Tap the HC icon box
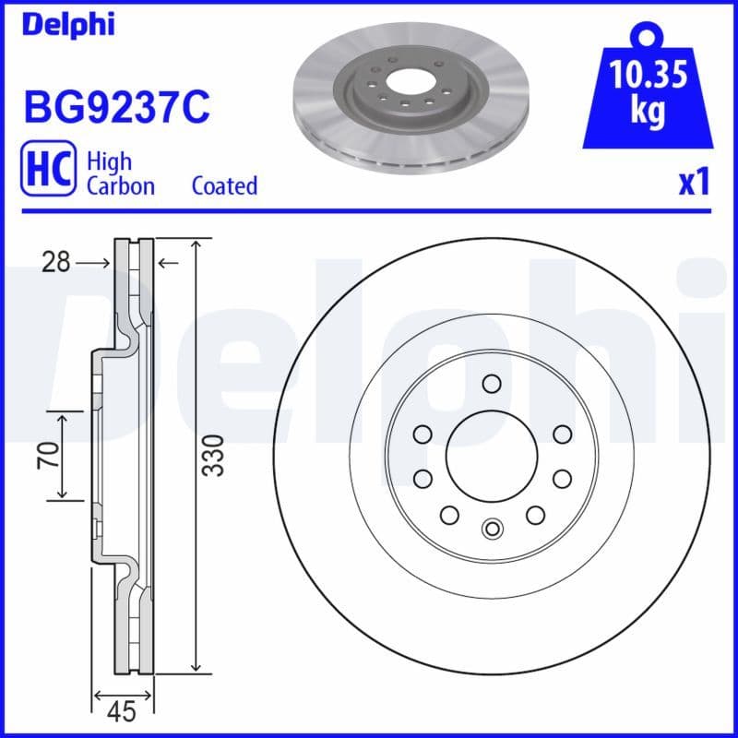coord(47,173)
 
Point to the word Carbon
coord(120,185)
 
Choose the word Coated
coord(224,185)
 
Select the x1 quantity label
coord(693,183)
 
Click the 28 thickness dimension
coord(55,263)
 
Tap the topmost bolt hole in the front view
coord(491,384)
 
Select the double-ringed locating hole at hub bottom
coord(491,529)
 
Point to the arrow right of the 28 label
coord(167,263)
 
